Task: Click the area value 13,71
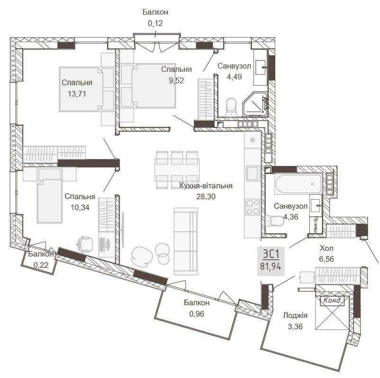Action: click(76, 94)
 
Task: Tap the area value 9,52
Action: click(176, 80)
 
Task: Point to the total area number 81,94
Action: click(271, 266)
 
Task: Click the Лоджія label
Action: click(295, 316)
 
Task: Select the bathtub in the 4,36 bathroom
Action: click(299, 184)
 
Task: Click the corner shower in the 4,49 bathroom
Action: click(257, 106)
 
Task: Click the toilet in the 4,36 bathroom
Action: click(274, 220)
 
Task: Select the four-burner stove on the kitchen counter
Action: click(252, 207)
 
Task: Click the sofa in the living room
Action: click(186, 241)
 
